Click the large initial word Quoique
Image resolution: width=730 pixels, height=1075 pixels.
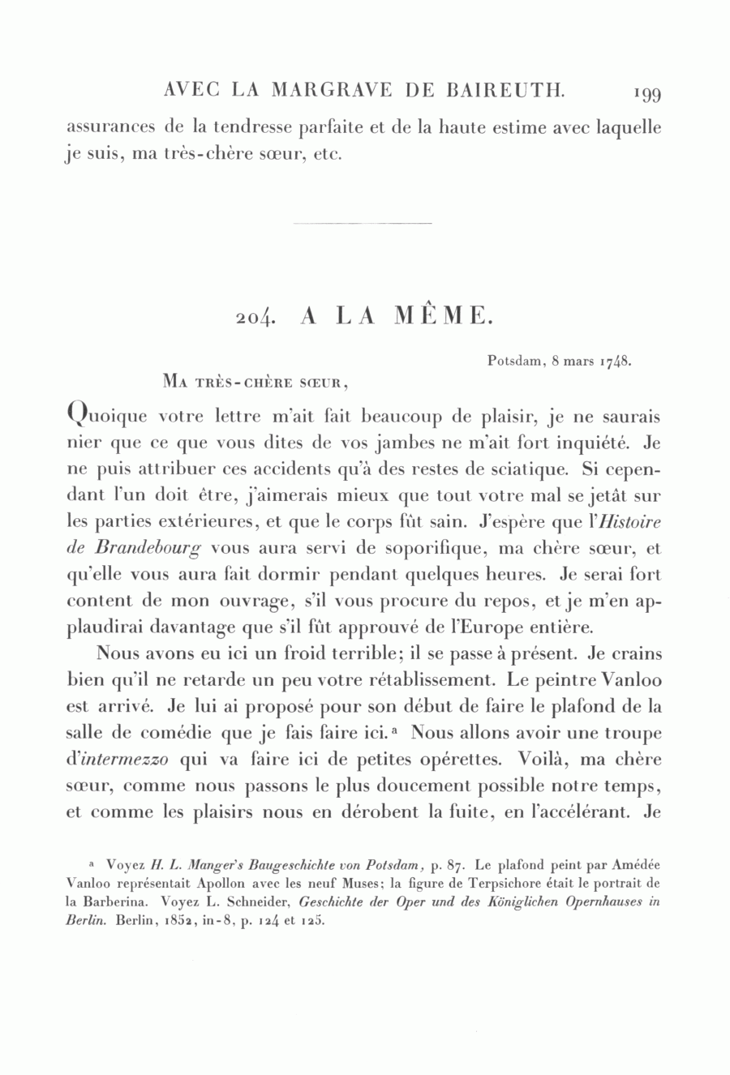[x=107, y=418]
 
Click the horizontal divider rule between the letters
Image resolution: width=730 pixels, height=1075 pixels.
[x=360, y=224]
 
